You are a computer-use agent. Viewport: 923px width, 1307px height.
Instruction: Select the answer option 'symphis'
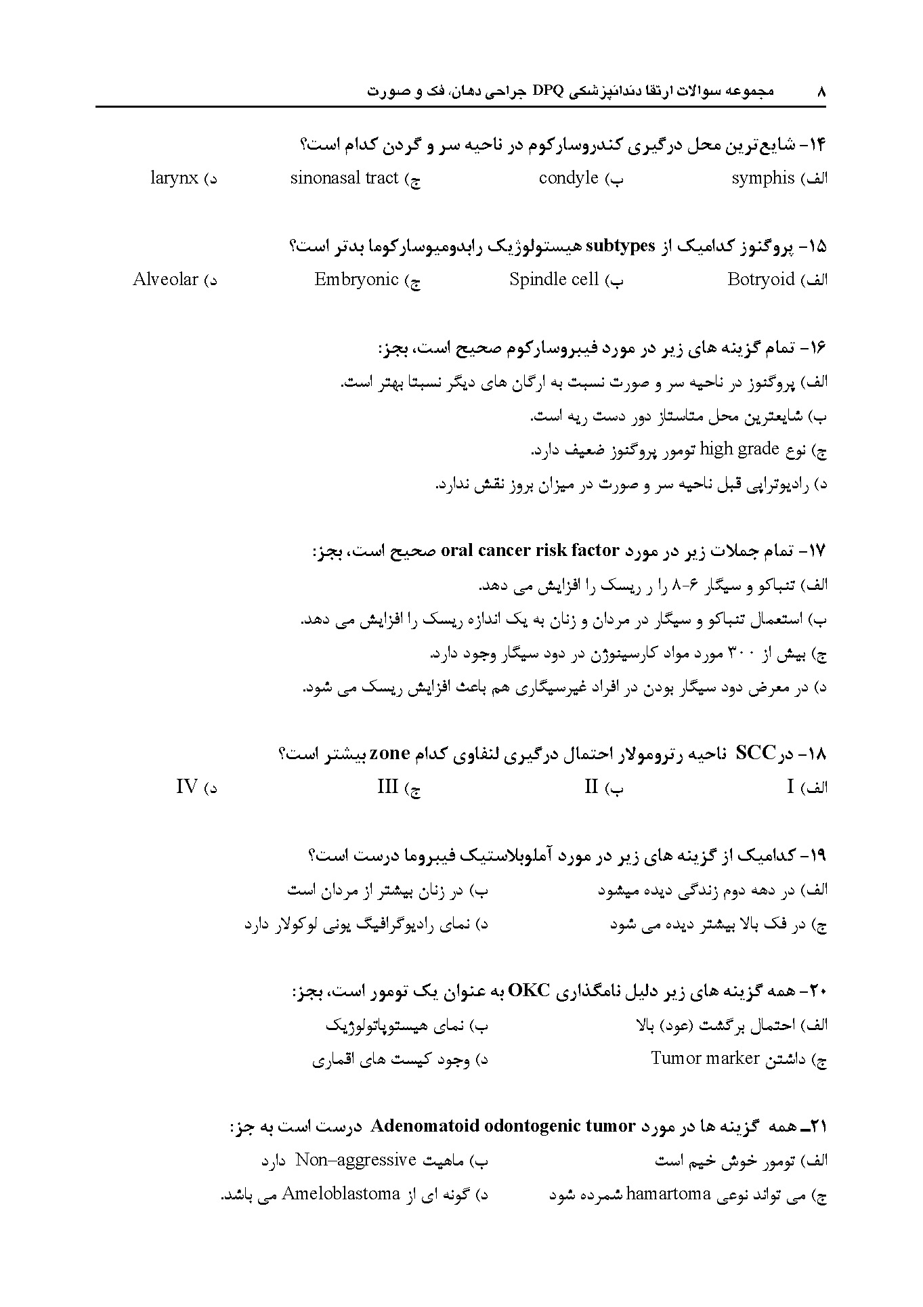(x=763, y=178)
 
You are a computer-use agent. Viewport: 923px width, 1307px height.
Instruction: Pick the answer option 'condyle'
(x=569, y=178)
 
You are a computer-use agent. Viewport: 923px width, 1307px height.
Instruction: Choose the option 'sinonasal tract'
(x=344, y=178)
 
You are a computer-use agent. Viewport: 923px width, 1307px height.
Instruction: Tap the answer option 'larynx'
(x=174, y=178)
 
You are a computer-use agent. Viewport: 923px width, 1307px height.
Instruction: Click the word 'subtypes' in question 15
(x=620, y=245)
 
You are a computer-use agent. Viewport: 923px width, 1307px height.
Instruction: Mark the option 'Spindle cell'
(x=554, y=279)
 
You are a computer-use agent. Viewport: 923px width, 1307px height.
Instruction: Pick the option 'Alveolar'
(x=165, y=279)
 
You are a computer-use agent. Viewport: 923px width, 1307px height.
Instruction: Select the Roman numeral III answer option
(x=387, y=787)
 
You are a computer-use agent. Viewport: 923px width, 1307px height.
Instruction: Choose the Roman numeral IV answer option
(x=187, y=787)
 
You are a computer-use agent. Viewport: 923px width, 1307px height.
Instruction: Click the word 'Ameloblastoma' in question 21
(x=341, y=1193)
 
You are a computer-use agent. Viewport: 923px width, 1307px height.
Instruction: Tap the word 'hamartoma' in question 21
(x=668, y=1193)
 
